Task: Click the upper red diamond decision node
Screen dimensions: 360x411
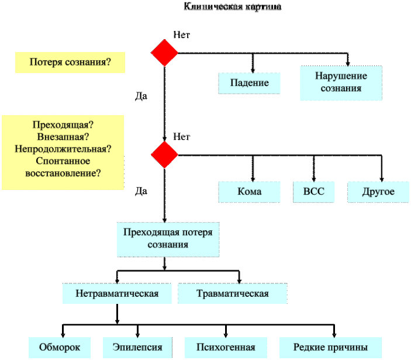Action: (164, 53)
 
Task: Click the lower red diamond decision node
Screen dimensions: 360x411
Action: (164, 155)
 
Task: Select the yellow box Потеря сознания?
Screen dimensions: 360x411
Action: (70, 61)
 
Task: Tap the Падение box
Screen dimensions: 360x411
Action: (250, 83)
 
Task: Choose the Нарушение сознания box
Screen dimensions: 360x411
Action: (341, 82)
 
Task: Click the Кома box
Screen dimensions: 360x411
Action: (250, 192)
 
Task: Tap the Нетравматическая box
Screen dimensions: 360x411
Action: (117, 293)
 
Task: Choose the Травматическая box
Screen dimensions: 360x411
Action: (232, 293)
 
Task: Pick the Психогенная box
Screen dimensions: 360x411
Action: (226, 347)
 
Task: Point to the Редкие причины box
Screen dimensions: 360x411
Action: (331, 347)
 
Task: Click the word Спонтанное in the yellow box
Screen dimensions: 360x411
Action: (63, 161)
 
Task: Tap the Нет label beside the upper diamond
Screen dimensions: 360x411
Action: (182, 35)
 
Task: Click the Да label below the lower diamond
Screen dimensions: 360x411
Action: (141, 191)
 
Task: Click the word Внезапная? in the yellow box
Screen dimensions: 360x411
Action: (63, 137)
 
